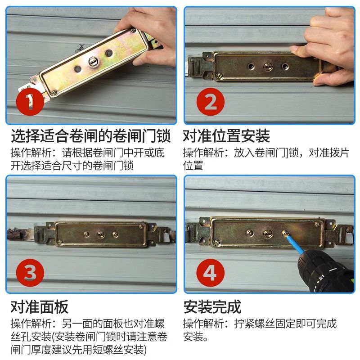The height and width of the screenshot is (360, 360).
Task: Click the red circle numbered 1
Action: (x=30, y=102)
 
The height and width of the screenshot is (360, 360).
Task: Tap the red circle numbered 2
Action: (x=210, y=102)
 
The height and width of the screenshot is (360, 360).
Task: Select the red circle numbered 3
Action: (x=30, y=273)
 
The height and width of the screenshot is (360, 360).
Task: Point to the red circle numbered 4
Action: (x=210, y=273)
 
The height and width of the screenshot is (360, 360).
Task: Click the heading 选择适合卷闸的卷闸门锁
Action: (x=91, y=136)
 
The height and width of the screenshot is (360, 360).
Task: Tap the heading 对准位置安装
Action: (x=226, y=136)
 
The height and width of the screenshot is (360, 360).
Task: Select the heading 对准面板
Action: (x=40, y=307)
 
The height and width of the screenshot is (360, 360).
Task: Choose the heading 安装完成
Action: (x=212, y=307)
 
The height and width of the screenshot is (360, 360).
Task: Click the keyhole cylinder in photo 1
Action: (x=94, y=61)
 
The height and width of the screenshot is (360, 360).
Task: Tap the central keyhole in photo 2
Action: (x=268, y=67)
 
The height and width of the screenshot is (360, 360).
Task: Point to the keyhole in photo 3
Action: (x=100, y=234)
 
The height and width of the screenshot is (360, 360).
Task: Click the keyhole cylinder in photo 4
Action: (x=267, y=234)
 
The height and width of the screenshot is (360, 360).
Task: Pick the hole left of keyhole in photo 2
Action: (x=251, y=67)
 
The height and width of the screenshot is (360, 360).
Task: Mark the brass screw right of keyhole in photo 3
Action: (x=115, y=234)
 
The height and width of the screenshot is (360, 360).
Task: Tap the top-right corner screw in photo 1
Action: (x=133, y=30)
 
